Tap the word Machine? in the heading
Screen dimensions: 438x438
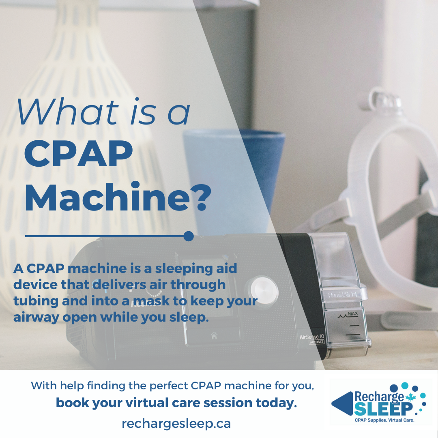[x=118, y=199]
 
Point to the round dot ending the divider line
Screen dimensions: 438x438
[x=188, y=236]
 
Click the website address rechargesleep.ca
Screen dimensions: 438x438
[x=176, y=423]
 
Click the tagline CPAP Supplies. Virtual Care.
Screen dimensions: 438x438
[x=384, y=420]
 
